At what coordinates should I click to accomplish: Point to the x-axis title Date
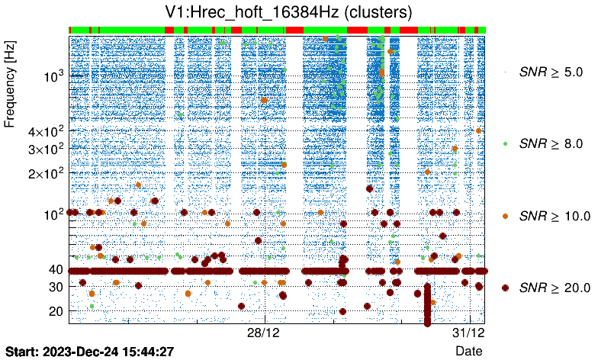pos(468,351)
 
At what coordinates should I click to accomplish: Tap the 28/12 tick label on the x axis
pos(265,335)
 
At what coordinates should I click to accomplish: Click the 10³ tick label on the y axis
pos(54,76)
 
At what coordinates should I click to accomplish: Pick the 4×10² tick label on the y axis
pos(47,131)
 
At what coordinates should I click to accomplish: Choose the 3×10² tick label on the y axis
pos(47,149)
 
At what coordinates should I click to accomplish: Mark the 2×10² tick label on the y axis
pos(47,173)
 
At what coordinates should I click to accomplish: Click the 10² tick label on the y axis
pos(54,214)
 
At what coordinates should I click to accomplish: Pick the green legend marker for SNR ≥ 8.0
pos(505,143)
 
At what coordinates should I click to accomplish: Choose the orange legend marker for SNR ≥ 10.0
pos(505,216)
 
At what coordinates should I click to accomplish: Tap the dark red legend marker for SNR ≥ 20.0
pos(505,288)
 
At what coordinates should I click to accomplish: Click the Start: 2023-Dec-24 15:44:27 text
pos(90,352)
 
